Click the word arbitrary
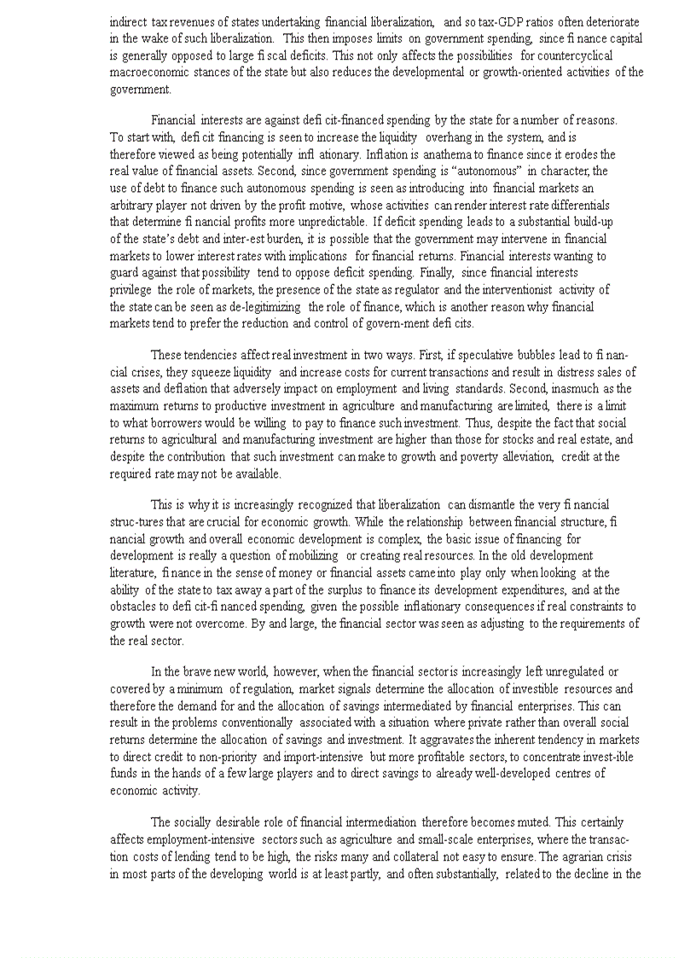[x=132, y=206]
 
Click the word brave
[x=194, y=671]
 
